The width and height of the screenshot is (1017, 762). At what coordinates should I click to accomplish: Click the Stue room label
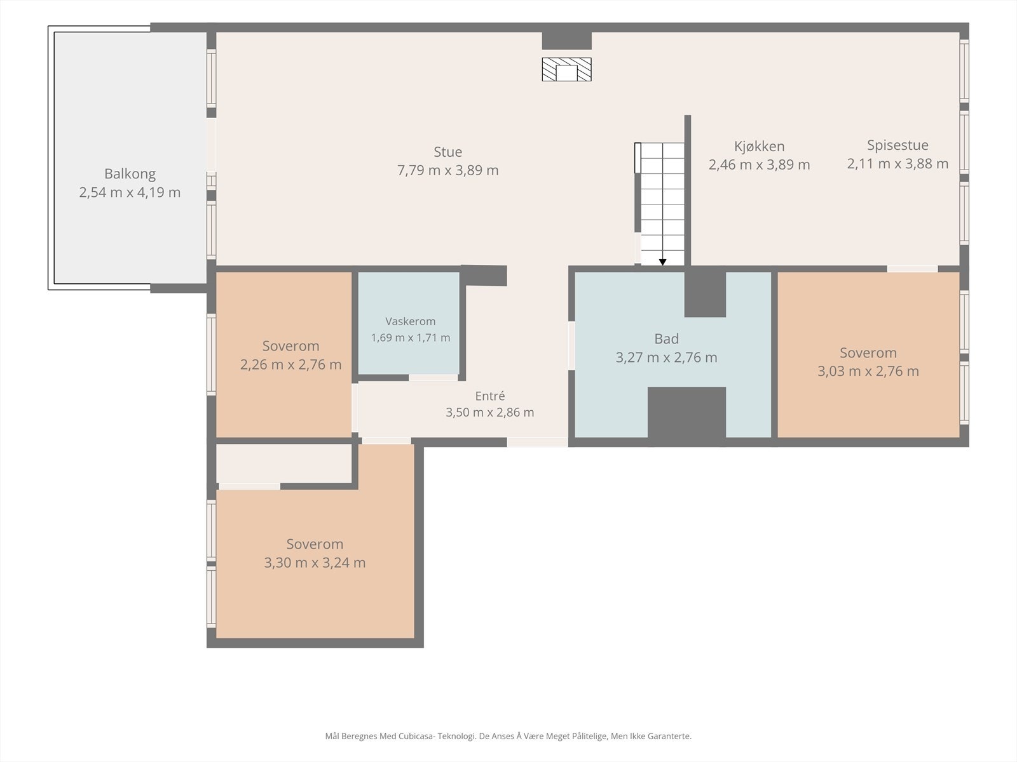pyautogui.click(x=447, y=152)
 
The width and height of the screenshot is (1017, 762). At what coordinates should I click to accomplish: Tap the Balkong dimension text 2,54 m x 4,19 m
pyautogui.click(x=130, y=192)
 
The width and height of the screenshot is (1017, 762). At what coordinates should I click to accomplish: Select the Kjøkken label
pyautogui.click(x=759, y=147)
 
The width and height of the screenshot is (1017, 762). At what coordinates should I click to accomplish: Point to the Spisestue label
pyautogui.click(x=898, y=145)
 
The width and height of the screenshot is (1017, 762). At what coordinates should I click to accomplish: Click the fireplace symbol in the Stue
pyautogui.click(x=566, y=69)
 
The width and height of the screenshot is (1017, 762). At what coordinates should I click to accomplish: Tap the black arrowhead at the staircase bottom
pyautogui.click(x=662, y=262)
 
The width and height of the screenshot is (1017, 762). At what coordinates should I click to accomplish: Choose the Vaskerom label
pyautogui.click(x=410, y=321)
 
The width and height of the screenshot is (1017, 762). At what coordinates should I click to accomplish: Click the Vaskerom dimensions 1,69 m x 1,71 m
pyautogui.click(x=410, y=338)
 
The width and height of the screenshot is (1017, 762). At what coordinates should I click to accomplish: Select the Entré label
pyautogui.click(x=489, y=396)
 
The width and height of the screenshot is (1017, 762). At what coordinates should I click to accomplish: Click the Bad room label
pyautogui.click(x=666, y=338)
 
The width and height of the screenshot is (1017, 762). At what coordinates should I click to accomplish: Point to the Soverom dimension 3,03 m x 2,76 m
pyautogui.click(x=868, y=371)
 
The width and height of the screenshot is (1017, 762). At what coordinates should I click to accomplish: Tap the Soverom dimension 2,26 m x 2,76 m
pyautogui.click(x=290, y=364)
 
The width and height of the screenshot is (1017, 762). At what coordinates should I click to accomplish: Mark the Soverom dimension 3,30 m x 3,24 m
pyautogui.click(x=315, y=563)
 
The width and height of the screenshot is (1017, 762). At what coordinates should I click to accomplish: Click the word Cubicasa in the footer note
pyautogui.click(x=416, y=736)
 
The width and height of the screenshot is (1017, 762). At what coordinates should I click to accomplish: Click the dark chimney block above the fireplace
pyautogui.click(x=566, y=41)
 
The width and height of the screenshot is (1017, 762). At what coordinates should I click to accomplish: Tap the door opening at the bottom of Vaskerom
pyautogui.click(x=433, y=378)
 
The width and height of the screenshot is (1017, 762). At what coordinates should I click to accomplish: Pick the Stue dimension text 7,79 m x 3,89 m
pyautogui.click(x=447, y=170)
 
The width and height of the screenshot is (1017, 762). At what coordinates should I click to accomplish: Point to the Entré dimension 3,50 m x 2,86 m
pyautogui.click(x=489, y=412)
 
